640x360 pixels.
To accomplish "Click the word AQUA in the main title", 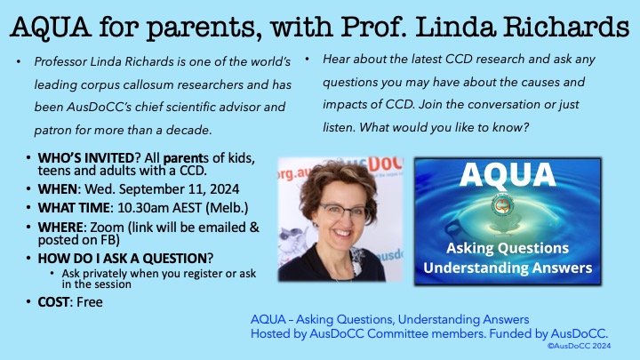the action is [x=51, y=27].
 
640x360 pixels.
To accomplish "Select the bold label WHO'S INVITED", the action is [x=85, y=158].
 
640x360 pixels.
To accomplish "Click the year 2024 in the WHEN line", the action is [x=224, y=189].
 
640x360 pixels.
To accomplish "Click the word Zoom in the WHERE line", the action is [x=107, y=227].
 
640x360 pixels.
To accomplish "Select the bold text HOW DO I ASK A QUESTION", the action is [x=123, y=259].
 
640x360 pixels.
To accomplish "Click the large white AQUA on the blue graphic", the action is [x=508, y=174].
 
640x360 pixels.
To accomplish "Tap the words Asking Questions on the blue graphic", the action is [x=508, y=248].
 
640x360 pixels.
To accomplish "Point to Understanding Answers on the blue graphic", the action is [x=508, y=268].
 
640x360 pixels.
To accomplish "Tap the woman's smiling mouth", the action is [x=342, y=234].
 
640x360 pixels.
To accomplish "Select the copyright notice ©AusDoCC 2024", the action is [x=579, y=346].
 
